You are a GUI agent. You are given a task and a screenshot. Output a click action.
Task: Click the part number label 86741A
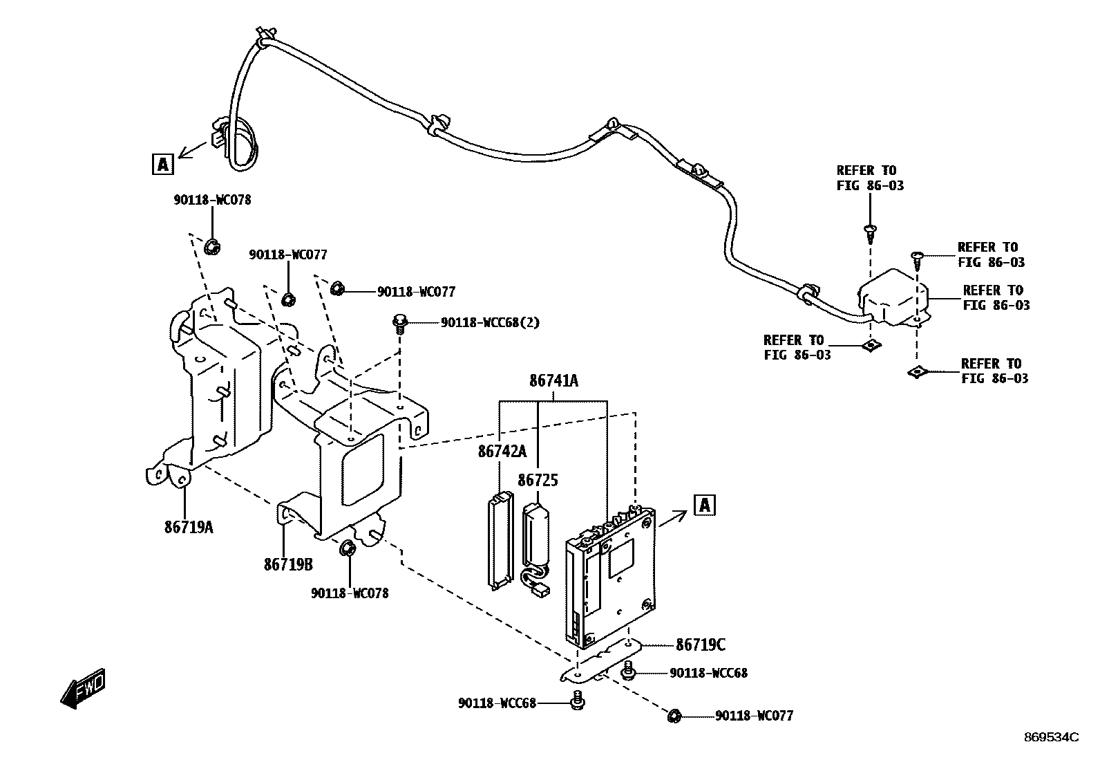coord(553,380)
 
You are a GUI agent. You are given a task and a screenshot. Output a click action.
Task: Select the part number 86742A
coord(502,452)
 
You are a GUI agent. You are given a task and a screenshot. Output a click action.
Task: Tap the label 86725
coord(538,480)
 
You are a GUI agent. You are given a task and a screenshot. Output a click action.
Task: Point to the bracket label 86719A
coord(189,527)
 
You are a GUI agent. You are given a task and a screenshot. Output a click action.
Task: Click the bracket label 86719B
coord(288,564)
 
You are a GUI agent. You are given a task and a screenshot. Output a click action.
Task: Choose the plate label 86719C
coord(700,645)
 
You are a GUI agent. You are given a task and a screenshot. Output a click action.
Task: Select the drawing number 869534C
coord(1051,737)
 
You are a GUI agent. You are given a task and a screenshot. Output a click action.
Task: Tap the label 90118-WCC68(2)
coord(490,322)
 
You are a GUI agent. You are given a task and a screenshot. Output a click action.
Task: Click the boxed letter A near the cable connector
coord(162,164)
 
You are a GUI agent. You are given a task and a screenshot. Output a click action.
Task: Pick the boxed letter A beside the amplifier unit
coord(704,505)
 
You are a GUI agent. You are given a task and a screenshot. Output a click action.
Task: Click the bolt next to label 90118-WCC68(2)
coord(400,323)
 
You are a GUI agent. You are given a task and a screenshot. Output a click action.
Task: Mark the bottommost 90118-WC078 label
coord(349,593)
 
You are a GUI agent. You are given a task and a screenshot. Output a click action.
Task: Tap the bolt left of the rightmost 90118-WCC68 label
coord(629,670)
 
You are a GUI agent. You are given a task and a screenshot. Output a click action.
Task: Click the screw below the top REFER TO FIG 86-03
coord(870,233)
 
